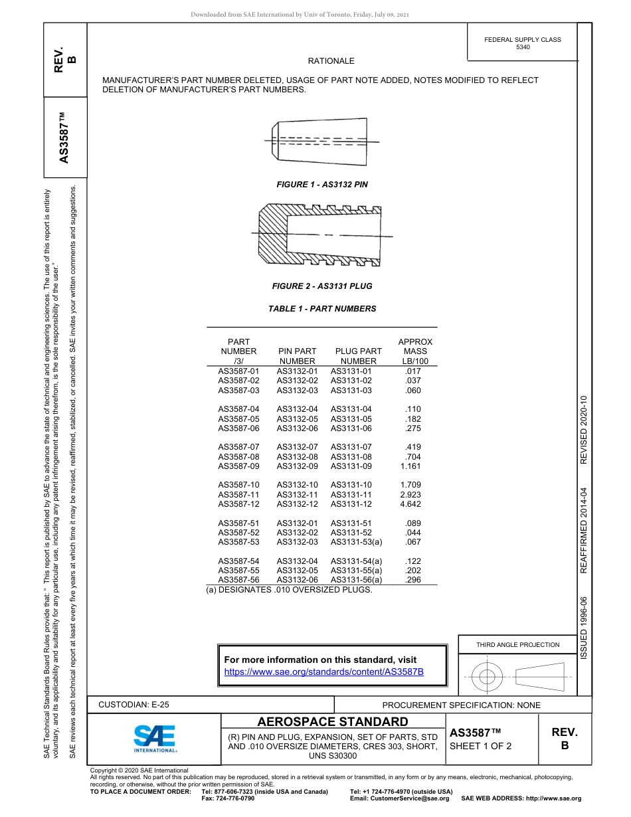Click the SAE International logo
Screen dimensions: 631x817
154,738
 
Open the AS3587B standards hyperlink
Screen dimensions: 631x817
324,672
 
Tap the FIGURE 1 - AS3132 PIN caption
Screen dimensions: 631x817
322,184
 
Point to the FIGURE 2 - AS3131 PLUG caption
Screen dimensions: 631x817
322,286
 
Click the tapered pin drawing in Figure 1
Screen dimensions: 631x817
321,140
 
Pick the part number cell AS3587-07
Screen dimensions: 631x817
238,447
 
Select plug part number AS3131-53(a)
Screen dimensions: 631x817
356,542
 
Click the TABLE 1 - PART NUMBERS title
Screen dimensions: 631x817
322,309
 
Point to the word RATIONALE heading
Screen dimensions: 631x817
331,61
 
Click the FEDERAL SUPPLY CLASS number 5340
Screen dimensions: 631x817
523,48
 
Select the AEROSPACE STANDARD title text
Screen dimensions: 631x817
333,722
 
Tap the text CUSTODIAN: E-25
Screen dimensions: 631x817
129,705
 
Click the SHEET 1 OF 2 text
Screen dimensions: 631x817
480,746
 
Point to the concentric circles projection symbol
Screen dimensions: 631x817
488,678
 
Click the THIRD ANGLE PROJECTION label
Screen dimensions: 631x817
517,644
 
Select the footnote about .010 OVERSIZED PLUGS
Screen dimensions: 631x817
289,590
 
